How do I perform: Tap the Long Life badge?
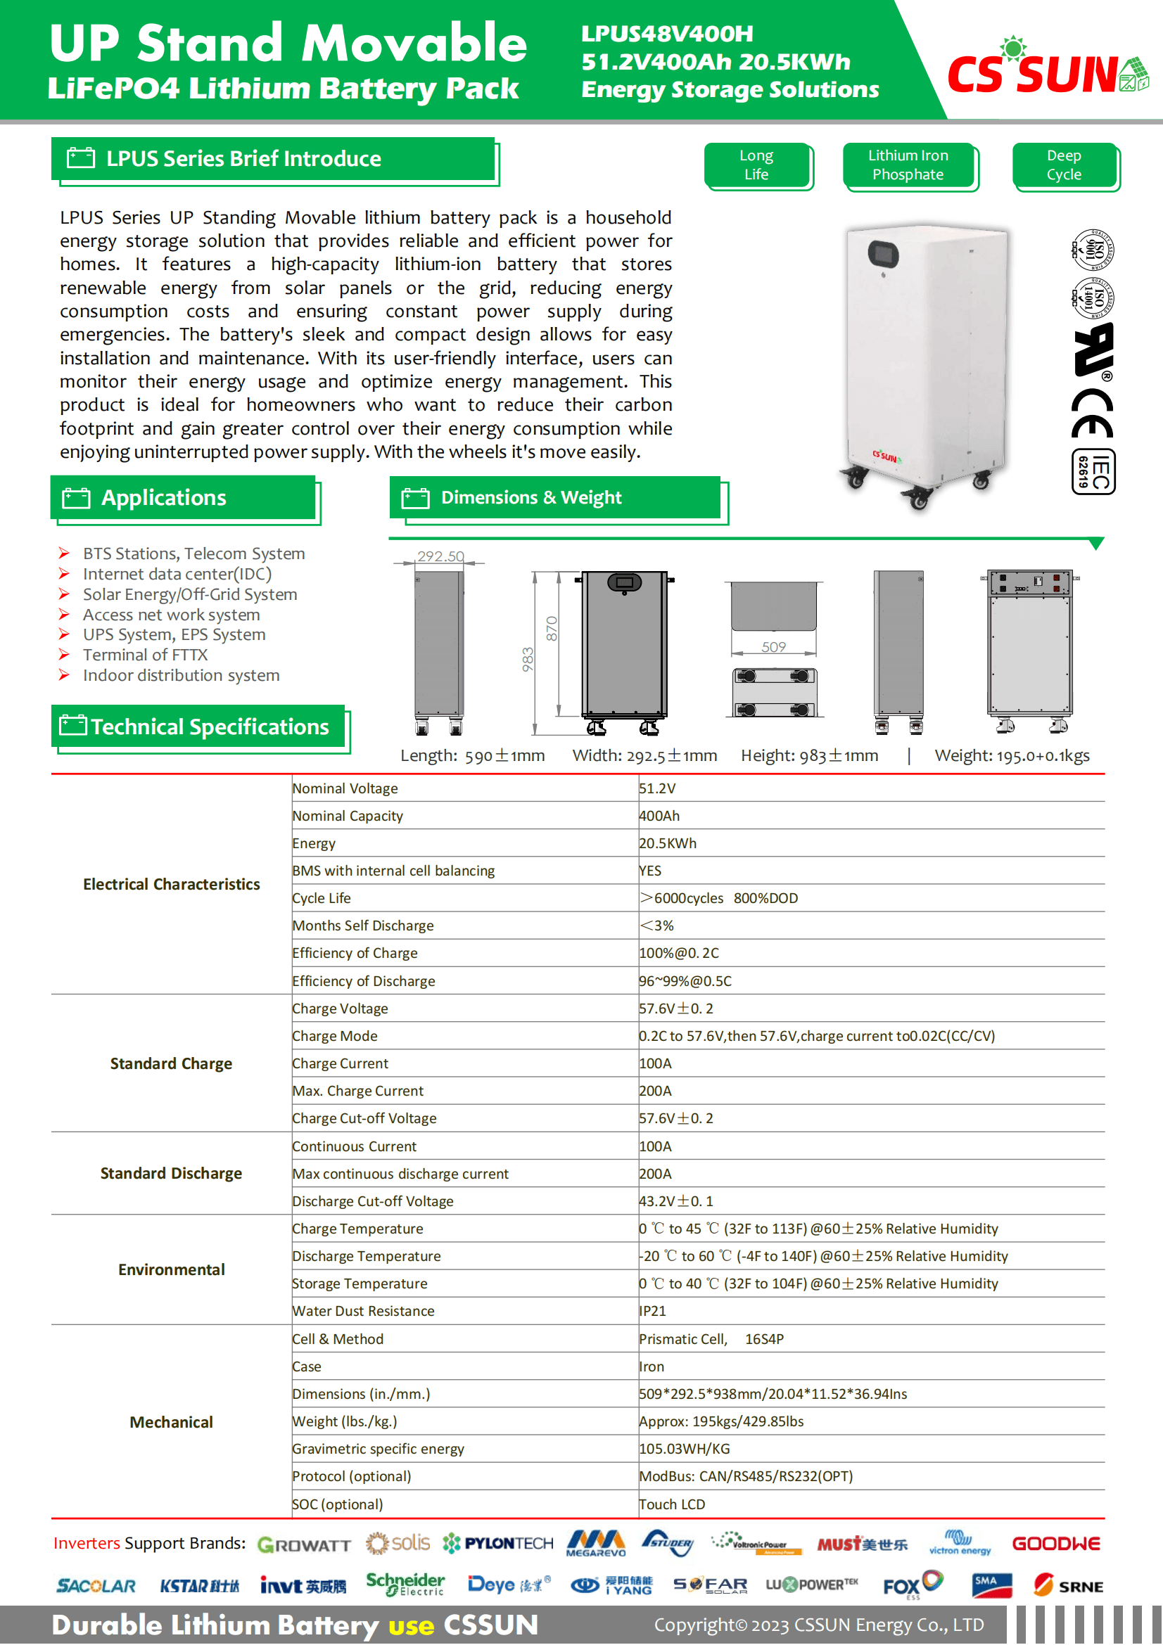tap(756, 165)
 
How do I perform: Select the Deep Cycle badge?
tap(1063, 165)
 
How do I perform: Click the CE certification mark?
tap(1092, 414)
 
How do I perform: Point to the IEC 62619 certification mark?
tap(1093, 472)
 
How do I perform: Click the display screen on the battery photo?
tap(884, 253)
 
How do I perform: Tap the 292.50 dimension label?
tap(440, 556)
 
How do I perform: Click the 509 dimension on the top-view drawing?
tap(773, 647)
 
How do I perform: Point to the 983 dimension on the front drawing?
tap(528, 659)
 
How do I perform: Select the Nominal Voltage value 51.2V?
tap(657, 788)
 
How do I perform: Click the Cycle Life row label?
tap(321, 898)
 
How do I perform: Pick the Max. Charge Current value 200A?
tap(655, 1092)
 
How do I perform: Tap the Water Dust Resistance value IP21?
tap(652, 1311)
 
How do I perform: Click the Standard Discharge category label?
tap(170, 1174)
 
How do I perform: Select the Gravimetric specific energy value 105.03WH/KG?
tap(685, 1449)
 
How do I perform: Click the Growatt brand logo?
tap(304, 1544)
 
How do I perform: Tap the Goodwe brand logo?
tap(1055, 1544)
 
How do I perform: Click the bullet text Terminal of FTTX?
tap(145, 655)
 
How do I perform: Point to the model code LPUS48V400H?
tap(666, 33)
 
